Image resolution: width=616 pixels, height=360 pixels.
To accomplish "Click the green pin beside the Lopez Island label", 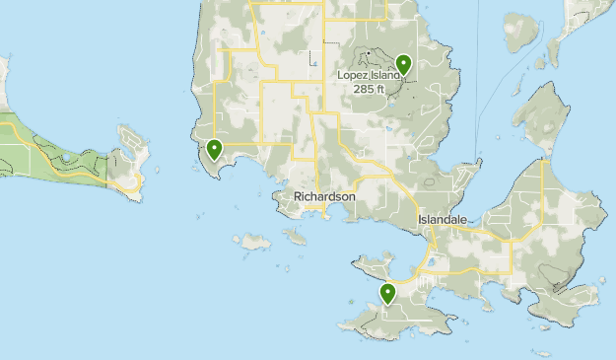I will (402, 65).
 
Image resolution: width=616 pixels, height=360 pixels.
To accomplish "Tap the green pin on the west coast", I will (214, 151).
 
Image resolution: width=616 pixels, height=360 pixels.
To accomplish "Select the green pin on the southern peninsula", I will (388, 293).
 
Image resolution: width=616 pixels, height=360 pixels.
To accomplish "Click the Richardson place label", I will (324, 197).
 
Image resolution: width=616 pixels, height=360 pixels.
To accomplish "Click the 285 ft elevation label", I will (370, 89).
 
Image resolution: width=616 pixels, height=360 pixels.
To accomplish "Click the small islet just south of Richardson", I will (295, 236).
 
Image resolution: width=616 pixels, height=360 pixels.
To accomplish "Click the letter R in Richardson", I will (298, 197).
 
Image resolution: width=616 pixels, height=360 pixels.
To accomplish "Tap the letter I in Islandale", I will (420, 220).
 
